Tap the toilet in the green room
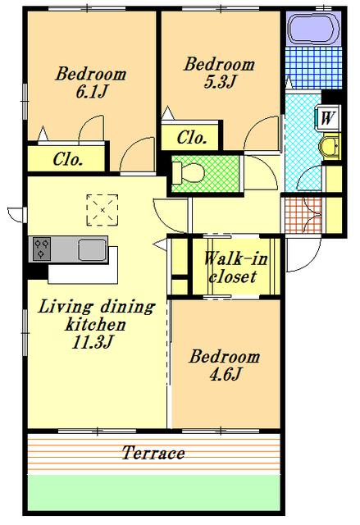(x=188, y=173)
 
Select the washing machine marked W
(x=327, y=117)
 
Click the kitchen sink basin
(x=93, y=249)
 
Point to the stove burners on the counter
(x=42, y=249)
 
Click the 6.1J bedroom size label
(x=91, y=92)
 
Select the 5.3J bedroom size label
(x=220, y=82)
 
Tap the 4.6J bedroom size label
(x=226, y=374)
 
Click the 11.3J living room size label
(x=93, y=342)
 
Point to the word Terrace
(x=153, y=453)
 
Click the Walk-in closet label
(x=235, y=267)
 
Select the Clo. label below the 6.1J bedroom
(x=67, y=159)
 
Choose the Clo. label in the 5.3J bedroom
(x=191, y=137)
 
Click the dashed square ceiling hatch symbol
(x=103, y=210)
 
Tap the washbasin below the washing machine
(x=330, y=146)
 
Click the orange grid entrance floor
(x=303, y=215)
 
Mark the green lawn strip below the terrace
(x=153, y=492)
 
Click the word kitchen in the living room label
(x=95, y=324)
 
